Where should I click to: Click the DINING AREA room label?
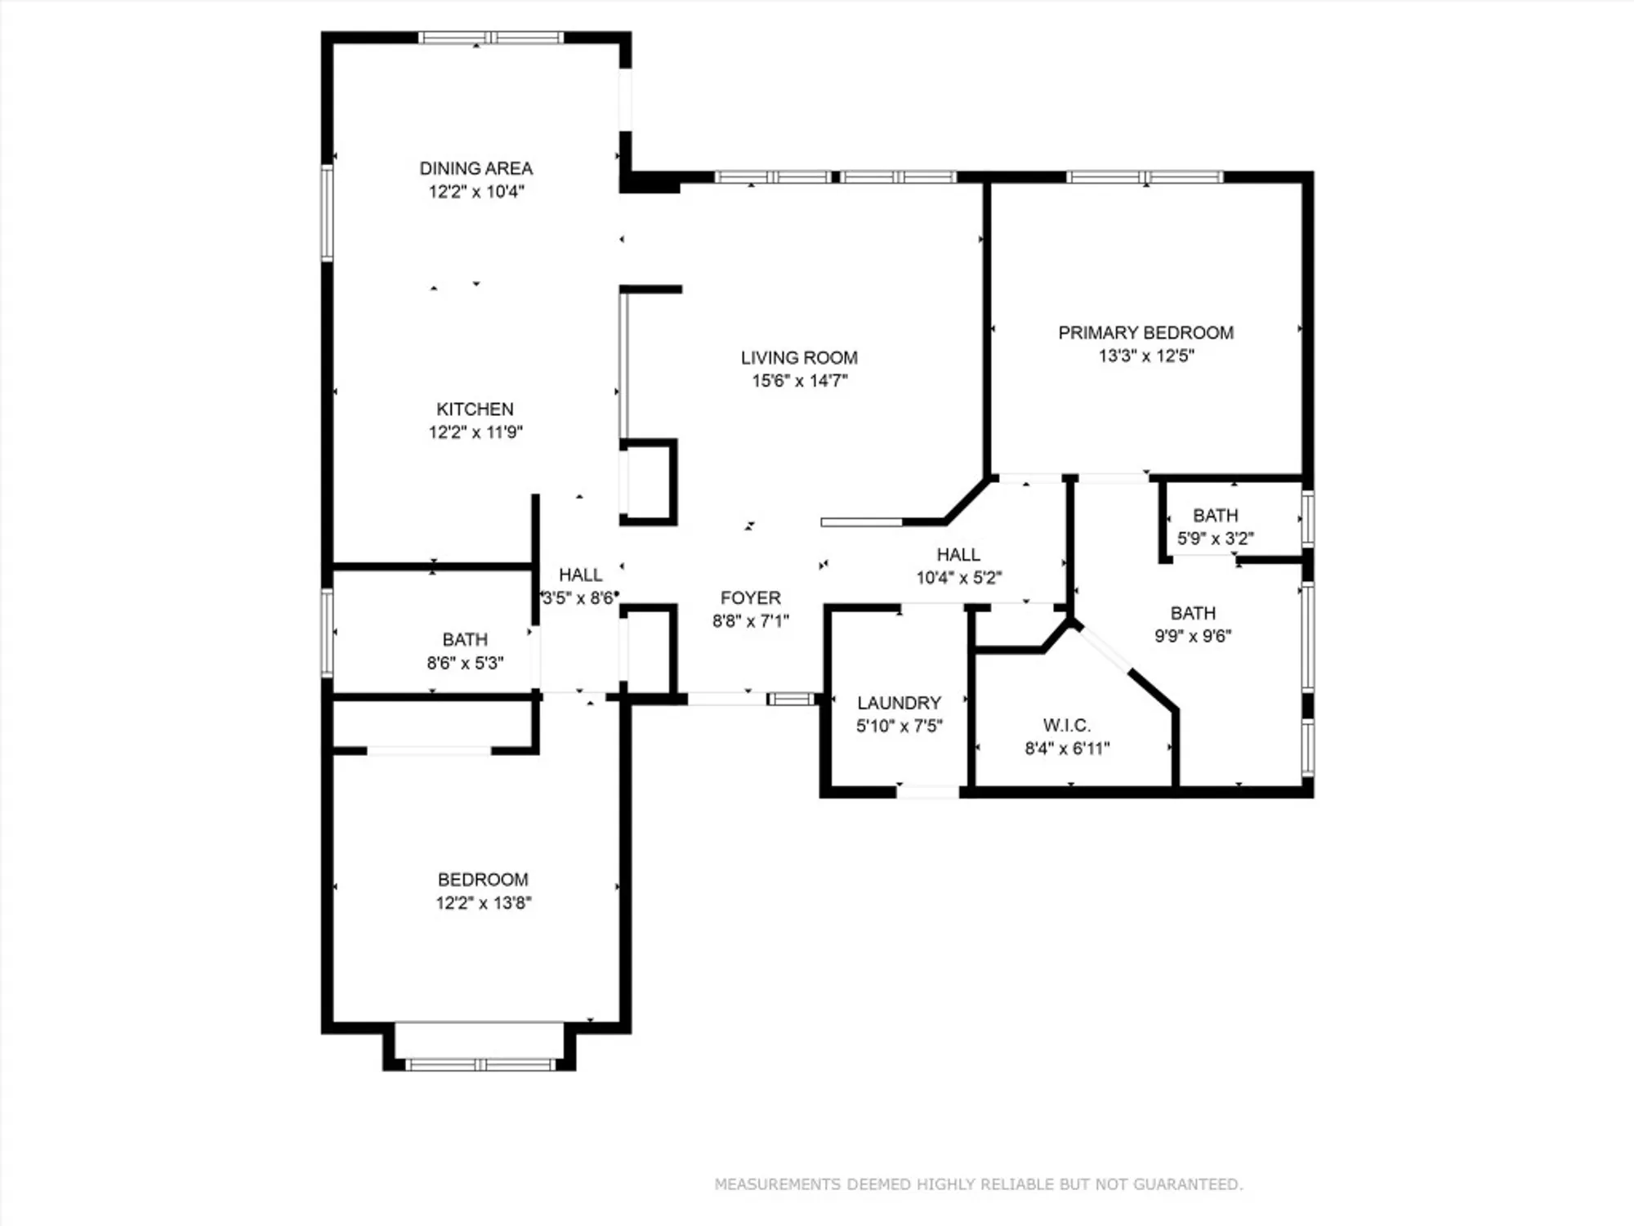click(475, 168)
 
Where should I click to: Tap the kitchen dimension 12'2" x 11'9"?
click(475, 432)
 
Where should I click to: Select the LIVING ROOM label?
click(799, 358)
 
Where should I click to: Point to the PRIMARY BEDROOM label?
click(1145, 333)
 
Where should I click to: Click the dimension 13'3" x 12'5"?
click(1145, 356)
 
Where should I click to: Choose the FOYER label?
click(750, 597)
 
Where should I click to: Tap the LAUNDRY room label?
click(899, 703)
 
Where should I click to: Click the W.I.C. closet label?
click(1066, 725)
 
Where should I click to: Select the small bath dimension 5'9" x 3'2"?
click(1215, 539)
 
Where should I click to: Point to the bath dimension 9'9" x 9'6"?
click(1193, 636)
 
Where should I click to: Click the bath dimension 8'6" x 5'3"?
click(465, 663)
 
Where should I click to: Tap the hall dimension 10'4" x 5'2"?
click(958, 578)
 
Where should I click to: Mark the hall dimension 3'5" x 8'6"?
click(580, 598)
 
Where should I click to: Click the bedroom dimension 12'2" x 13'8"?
click(483, 903)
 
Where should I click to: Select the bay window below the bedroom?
click(480, 1064)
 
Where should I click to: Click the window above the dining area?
click(490, 38)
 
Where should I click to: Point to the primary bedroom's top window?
click(1145, 177)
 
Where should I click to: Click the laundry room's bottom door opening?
click(927, 792)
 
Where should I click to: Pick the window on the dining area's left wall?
click(327, 213)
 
